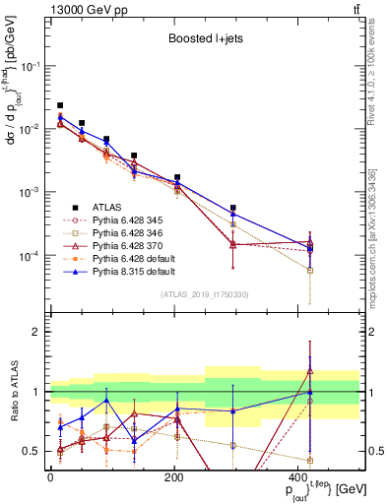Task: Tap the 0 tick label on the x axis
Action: point(50,477)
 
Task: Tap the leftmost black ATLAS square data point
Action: point(60,105)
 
